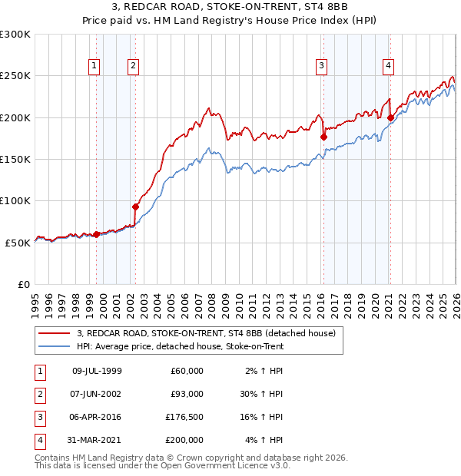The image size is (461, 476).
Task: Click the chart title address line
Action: click(230, 8)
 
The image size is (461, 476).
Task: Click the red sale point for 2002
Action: click(135, 207)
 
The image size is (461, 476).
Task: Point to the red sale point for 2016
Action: click(323, 137)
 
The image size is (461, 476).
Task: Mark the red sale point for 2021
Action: click(391, 117)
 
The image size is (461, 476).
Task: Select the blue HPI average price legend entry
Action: click(180, 347)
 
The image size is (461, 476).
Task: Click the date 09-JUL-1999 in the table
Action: click(97, 371)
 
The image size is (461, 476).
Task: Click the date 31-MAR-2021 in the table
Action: click(97, 440)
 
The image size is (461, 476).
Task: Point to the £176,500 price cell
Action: click(184, 417)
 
